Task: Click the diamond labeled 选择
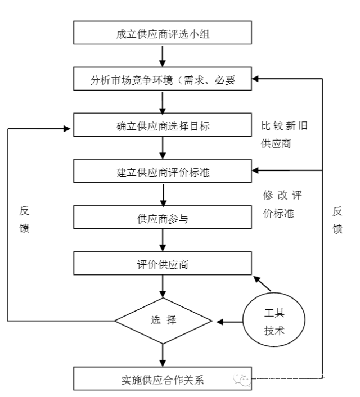[163, 322]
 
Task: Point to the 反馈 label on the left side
[24, 220]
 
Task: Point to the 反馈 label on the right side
[337, 220]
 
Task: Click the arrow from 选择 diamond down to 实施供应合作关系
[163, 354]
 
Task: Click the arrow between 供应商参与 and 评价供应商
[163, 241]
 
